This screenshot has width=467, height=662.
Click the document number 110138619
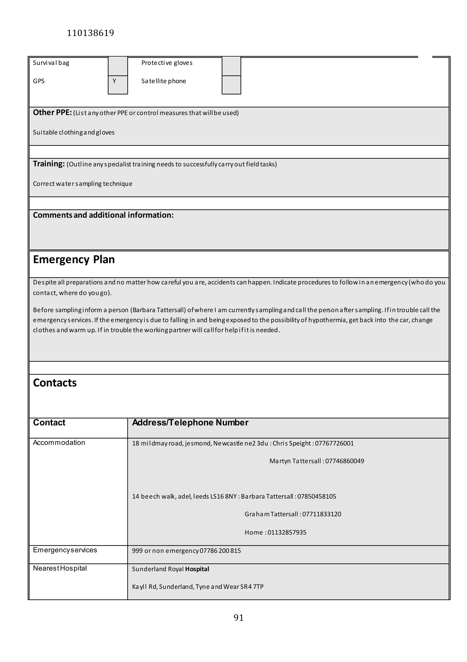91,33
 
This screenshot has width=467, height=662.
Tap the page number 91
239,617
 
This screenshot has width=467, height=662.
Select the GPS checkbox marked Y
118,84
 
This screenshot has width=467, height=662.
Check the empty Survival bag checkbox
118,66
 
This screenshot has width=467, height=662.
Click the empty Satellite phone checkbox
231,85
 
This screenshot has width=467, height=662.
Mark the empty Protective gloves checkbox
231,66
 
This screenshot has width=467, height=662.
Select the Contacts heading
55,383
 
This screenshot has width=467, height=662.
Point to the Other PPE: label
52,113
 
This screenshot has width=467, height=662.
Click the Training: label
49,164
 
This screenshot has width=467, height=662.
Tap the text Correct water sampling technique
83,184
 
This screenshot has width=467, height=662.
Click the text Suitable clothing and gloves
74,132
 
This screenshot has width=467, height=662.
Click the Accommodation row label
59,443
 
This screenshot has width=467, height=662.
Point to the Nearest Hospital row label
60,568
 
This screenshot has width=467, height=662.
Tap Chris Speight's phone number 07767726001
334,444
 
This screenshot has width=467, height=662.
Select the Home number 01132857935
287,532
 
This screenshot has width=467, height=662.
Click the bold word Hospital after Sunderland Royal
197,569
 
